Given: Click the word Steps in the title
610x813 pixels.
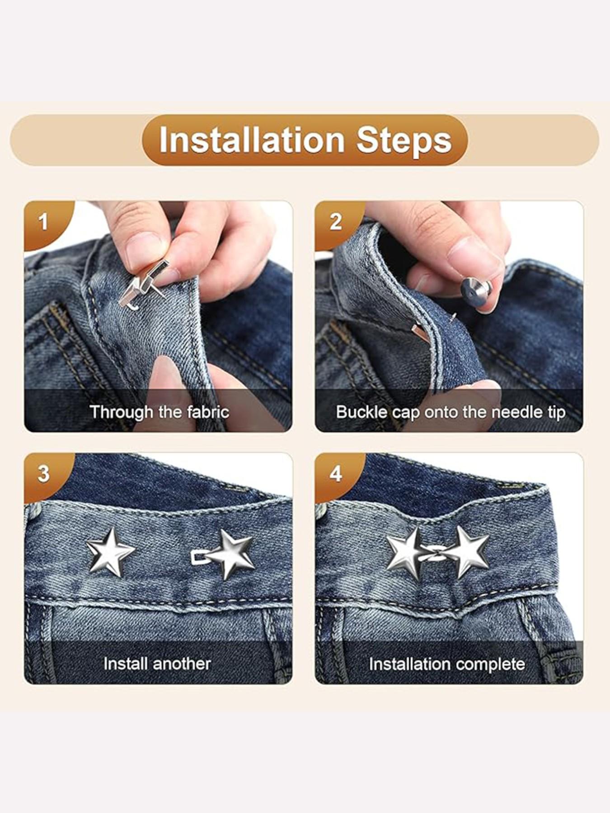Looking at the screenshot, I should click(x=404, y=140).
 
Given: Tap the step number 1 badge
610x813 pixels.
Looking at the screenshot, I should click(x=43, y=222).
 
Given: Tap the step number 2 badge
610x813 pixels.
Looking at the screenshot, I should click(x=335, y=222).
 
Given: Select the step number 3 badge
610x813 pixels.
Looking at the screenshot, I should click(x=43, y=474).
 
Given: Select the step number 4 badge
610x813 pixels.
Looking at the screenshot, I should click(x=335, y=474).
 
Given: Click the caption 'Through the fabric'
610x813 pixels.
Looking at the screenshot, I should click(x=159, y=412).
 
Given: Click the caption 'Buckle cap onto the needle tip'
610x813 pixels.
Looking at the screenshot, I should click(x=450, y=412).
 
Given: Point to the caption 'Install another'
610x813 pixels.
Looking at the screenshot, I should click(x=157, y=663).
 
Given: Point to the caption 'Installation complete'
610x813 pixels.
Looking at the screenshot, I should click(x=446, y=664).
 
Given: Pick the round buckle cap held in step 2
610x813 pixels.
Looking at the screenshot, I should click(x=475, y=290).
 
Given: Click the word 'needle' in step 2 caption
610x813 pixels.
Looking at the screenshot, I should click(x=511, y=412).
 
